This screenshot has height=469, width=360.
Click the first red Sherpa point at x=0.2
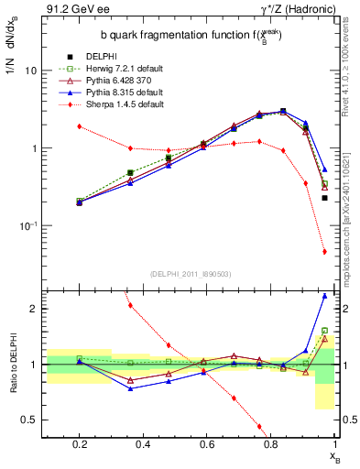pos(80,126)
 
